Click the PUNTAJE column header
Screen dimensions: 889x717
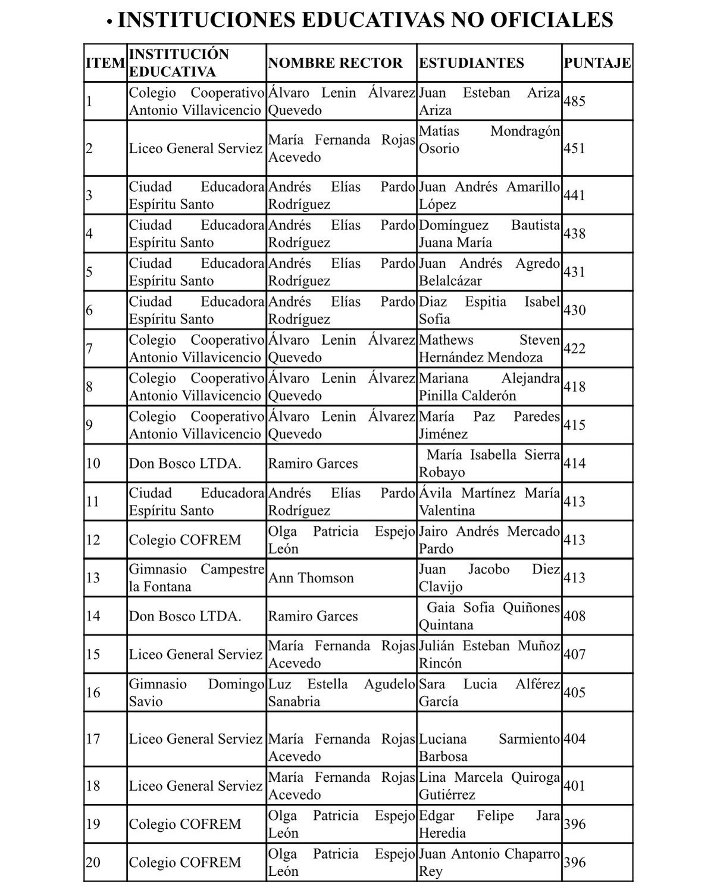click(597, 63)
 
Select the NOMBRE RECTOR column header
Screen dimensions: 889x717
click(335, 63)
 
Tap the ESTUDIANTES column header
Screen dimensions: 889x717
click(471, 63)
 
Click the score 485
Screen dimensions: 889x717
click(574, 101)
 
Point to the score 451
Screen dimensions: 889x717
click(574, 148)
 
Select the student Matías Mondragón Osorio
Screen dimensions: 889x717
click(489, 139)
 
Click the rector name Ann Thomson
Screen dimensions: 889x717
click(311, 578)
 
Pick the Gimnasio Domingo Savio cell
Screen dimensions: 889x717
click(196, 693)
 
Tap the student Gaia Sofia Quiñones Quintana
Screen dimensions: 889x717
click(489, 616)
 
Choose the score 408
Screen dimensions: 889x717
click(574, 616)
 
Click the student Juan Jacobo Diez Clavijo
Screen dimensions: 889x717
click(489, 578)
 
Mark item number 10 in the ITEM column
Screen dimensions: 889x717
click(93, 463)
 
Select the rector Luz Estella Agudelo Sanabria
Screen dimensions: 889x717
click(341, 693)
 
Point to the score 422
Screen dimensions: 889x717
click(574, 348)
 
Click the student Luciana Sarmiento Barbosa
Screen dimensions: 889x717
click(489, 747)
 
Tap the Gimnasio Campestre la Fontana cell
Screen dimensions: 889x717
click(196, 578)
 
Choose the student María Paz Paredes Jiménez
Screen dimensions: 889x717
click(489, 425)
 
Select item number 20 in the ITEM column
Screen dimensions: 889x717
click(93, 862)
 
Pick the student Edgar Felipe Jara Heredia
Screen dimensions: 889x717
click(489, 824)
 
